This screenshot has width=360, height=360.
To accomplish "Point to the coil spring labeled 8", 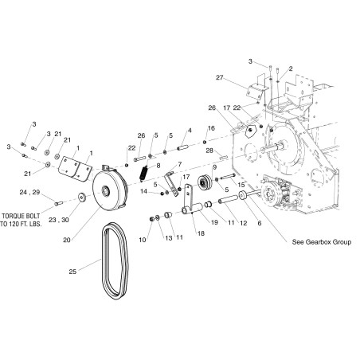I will click(x=144, y=170).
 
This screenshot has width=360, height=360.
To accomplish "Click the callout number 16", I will click(x=210, y=127).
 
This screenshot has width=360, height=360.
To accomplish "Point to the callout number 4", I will click(x=190, y=130).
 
